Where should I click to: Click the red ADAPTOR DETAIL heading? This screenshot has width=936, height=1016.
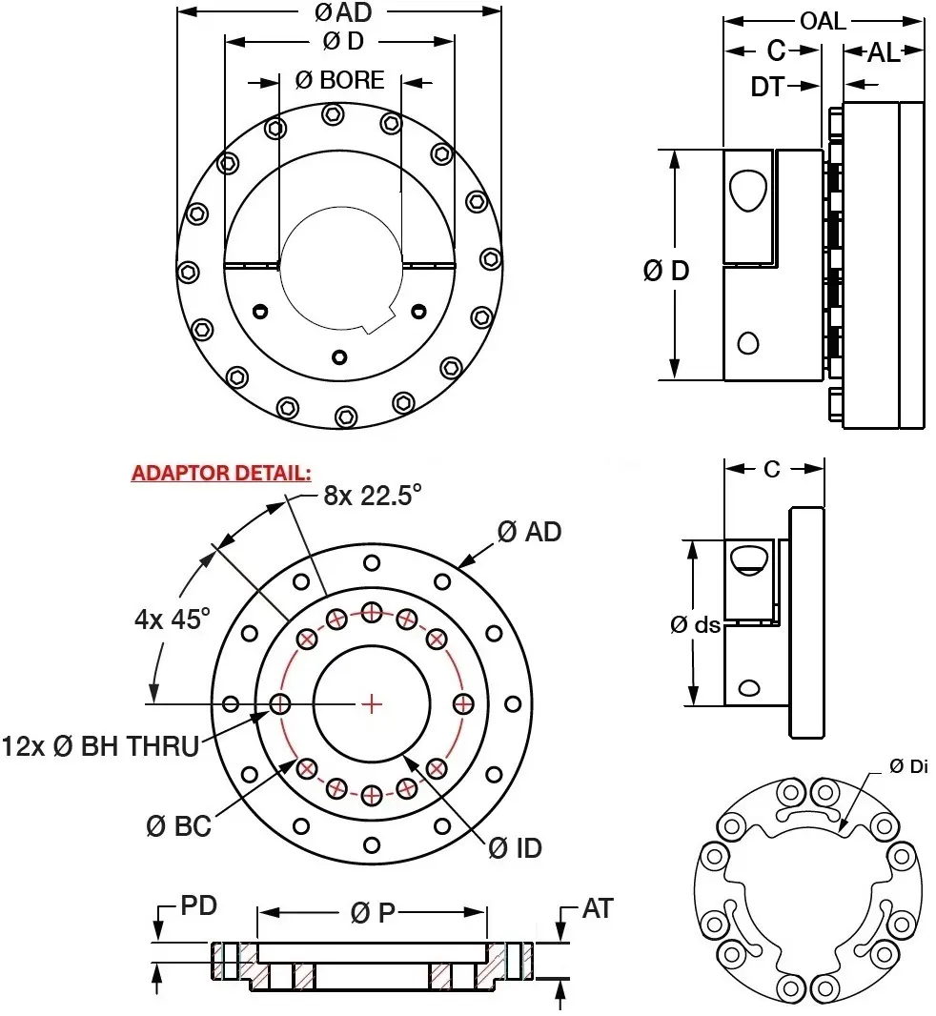221,474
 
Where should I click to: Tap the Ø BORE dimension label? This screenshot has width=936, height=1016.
339,80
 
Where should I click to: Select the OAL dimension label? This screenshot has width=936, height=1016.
822,20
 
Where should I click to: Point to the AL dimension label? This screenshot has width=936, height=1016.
883,53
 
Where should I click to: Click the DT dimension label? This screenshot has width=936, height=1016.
767,87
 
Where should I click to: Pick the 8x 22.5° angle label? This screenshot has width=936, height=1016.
372,497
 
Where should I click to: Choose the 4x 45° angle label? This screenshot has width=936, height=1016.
172,619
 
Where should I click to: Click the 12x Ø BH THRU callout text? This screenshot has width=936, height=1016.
100,745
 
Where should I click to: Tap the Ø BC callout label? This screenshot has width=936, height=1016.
178,826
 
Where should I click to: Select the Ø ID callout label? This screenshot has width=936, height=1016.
515,846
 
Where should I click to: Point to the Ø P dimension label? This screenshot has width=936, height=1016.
373,912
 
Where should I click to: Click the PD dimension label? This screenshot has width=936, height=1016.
198,905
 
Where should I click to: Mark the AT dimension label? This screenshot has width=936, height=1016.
597,909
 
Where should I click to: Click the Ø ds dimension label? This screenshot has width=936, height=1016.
695,624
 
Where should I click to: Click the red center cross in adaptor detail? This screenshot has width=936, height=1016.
372,703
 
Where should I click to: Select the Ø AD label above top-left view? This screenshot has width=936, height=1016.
339,12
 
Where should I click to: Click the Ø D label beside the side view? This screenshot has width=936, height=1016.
666,271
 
